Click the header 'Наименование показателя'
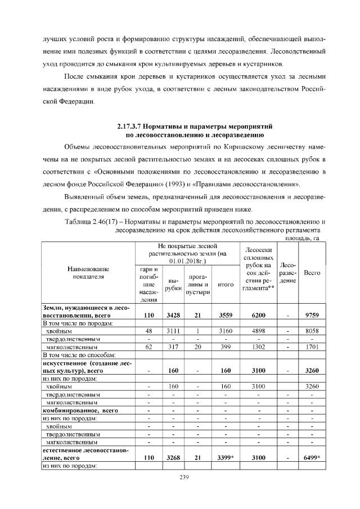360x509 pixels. [88, 273]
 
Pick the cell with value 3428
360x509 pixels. [174, 316]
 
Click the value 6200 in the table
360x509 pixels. [259, 316]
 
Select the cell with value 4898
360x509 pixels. [259, 331]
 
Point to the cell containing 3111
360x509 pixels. [174, 331]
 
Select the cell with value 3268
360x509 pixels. [174, 458]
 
